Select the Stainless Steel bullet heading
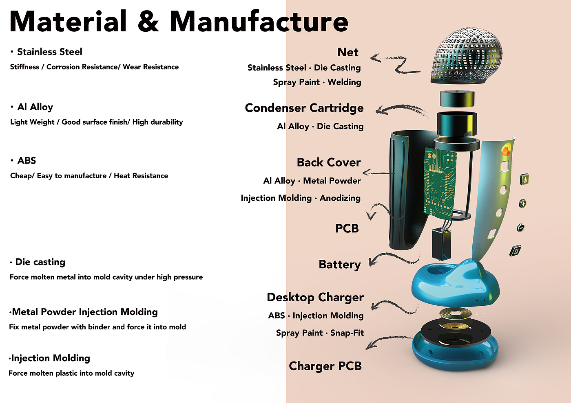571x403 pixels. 49,52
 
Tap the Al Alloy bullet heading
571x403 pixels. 35,107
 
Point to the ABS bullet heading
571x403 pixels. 27,160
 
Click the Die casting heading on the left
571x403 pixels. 40,262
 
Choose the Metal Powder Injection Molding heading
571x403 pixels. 85,312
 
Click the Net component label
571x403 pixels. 347,52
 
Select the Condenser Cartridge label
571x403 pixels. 304,108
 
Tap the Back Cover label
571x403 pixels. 329,162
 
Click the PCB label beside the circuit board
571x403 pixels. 347,228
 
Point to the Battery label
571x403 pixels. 340,265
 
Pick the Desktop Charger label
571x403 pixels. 315,298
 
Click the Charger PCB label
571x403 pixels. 325,366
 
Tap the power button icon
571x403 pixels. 525,180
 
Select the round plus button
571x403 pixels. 522,204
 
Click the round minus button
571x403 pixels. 520,228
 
